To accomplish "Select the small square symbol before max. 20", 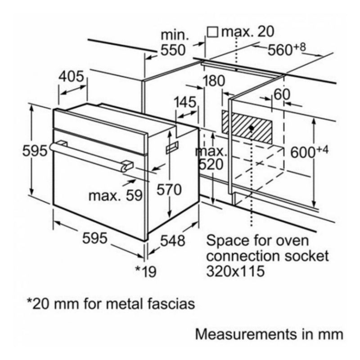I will (x=213, y=31).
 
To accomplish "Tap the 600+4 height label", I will (x=309, y=152).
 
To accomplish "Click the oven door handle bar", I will (x=90, y=155).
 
